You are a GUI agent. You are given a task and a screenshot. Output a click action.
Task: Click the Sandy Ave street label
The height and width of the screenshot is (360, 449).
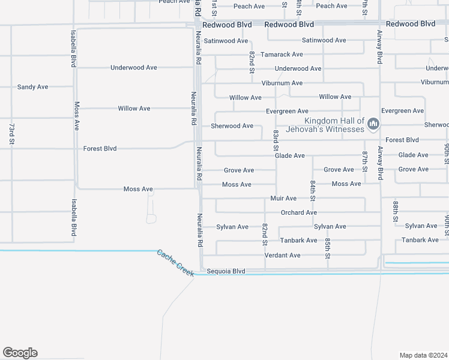32,87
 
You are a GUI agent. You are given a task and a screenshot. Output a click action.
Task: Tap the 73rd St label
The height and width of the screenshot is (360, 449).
11,134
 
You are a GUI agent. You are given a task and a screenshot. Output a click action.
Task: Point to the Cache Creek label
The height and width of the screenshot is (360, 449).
176,263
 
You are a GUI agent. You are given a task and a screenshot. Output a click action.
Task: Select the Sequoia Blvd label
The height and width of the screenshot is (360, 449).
226,271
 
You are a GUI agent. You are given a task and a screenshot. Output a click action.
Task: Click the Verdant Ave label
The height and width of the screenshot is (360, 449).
283,256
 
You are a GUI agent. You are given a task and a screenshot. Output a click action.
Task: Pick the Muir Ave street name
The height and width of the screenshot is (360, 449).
283,198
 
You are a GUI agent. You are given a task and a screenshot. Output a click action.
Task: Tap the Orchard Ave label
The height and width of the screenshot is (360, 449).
299,212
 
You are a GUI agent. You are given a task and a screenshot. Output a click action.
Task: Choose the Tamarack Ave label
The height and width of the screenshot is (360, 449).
282,54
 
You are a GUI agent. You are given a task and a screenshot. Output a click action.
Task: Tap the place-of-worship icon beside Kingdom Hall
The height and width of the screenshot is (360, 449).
373,124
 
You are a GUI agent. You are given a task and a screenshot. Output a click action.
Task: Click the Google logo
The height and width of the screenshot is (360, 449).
20,353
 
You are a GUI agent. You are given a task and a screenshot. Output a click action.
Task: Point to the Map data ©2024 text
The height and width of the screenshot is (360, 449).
423,355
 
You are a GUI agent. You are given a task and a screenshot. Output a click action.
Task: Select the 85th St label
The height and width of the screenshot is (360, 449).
328,248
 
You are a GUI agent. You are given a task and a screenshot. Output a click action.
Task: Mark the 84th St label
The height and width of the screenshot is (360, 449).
313,190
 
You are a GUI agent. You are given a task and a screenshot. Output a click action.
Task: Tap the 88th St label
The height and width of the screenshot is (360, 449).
396,211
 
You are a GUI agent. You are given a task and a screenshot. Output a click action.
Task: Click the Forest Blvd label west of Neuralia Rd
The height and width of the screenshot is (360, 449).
100,148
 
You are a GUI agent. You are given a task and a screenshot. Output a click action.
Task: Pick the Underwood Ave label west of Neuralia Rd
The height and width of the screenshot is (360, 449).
133,68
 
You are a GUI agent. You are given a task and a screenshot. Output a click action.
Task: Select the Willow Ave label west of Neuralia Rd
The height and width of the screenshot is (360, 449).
134,109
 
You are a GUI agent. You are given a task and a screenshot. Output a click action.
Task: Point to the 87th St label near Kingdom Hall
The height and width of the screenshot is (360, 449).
364,161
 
